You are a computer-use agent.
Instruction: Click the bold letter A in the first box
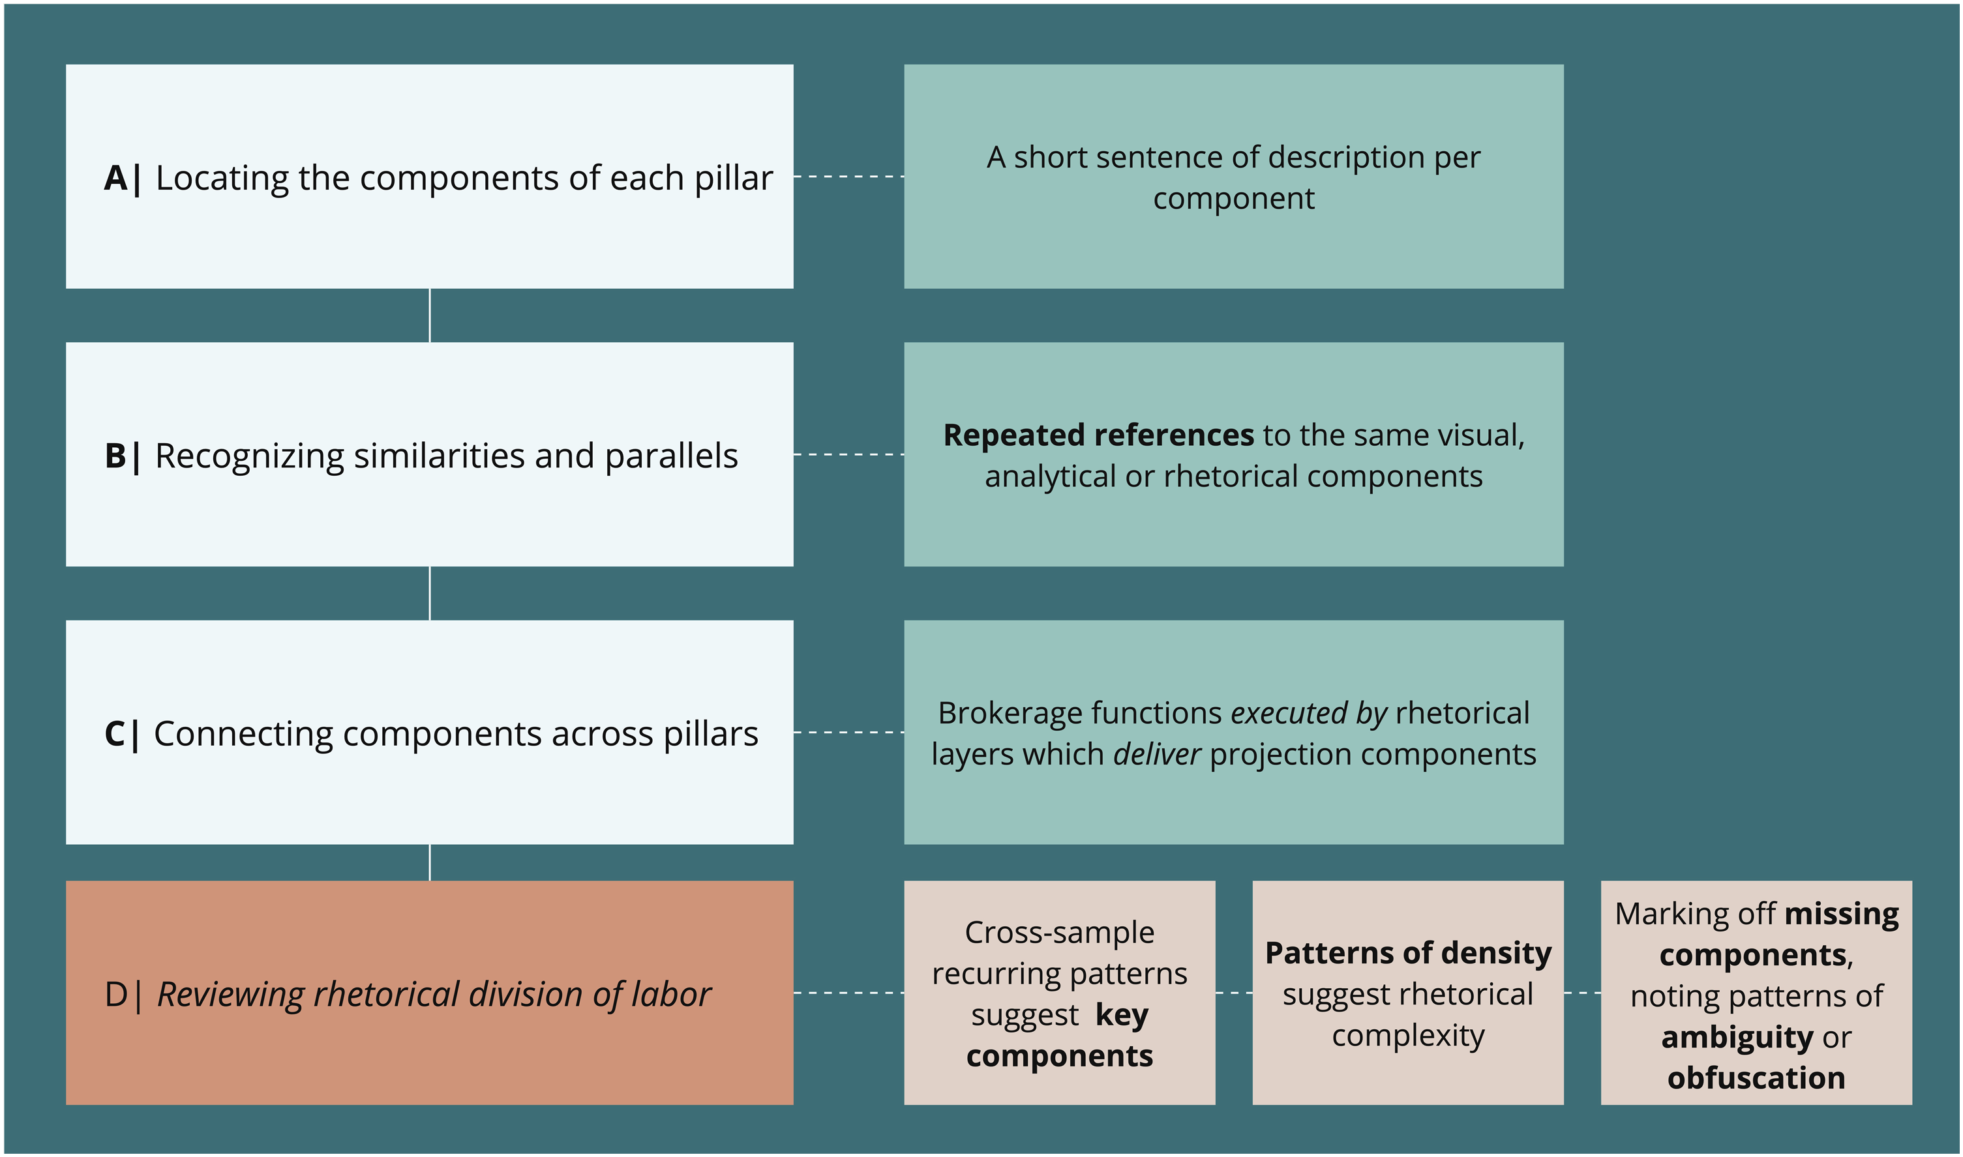115,178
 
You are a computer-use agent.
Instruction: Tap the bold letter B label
115,456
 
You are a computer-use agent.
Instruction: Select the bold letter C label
115,734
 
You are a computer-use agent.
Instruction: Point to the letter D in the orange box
116,994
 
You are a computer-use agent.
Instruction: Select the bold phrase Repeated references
1098,435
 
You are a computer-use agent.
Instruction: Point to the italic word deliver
1156,754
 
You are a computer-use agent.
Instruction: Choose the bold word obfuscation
1756,1077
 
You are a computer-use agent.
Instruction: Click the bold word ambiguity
1737,1037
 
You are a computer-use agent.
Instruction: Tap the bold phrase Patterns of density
1408,953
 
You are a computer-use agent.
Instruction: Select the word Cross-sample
1059,933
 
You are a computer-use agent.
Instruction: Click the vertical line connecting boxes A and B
430,315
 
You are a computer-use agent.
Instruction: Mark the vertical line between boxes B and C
430,593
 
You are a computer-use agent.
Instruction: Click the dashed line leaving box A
848,177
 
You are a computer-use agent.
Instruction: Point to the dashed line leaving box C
848,732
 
